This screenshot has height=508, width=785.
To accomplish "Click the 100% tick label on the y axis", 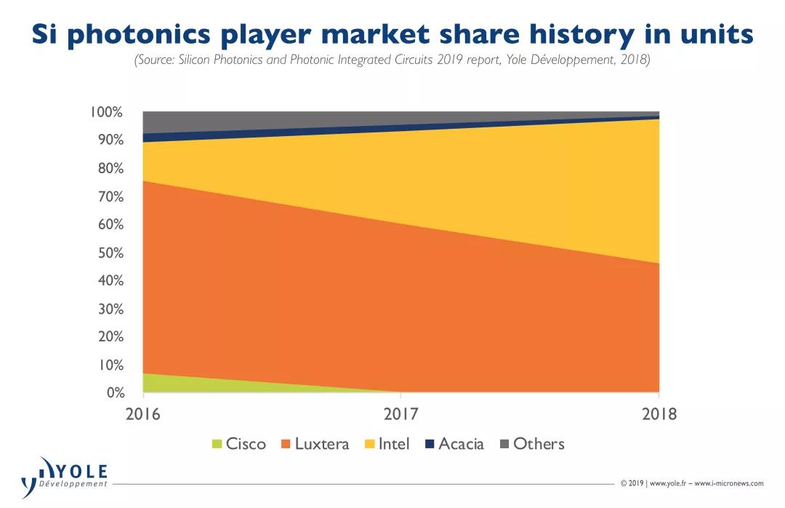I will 107,112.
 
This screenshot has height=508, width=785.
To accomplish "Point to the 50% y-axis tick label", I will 110,253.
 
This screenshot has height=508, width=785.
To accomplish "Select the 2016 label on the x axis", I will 143,415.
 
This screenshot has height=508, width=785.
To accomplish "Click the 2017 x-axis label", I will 400,415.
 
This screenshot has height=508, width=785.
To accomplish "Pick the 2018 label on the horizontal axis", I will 659,415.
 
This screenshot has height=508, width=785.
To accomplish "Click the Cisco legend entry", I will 239,444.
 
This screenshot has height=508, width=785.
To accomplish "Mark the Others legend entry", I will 532,444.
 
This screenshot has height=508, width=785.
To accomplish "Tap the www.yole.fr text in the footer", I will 667,483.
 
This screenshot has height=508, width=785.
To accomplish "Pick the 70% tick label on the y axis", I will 110,197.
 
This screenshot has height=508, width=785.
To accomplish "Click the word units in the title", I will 712,33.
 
